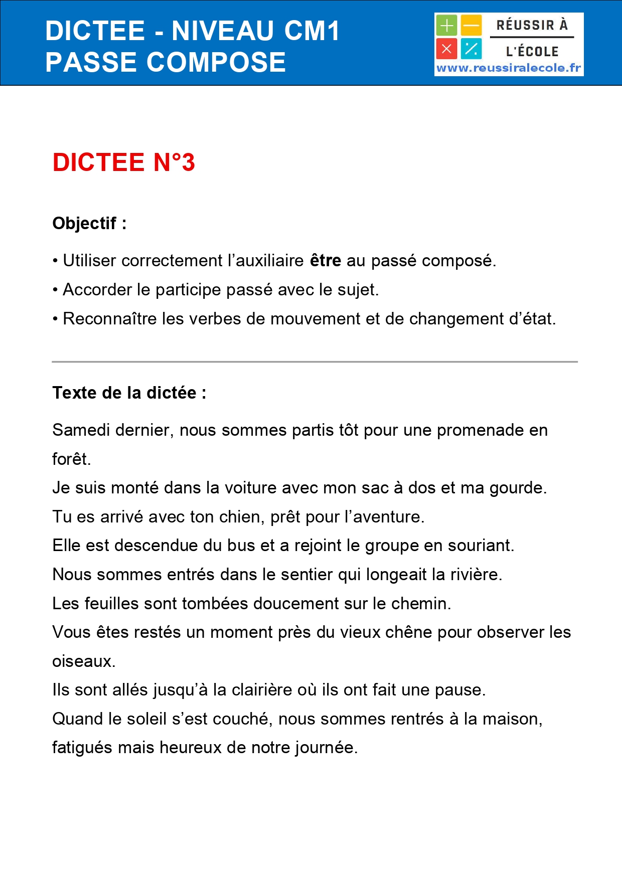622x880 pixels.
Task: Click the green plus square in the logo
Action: tap(446, 25)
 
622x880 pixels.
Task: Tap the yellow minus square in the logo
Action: tap(472, 25)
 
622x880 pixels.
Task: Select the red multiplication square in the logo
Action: tap(446, 49)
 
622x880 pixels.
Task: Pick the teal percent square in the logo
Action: tap(472, 49)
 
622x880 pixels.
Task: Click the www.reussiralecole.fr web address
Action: tap(509, 68)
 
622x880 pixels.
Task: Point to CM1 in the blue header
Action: tap(312, 31)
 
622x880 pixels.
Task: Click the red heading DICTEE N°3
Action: tap(123, 162)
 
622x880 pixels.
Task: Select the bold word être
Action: tap(326, 261)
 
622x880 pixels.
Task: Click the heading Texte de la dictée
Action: tap(129, 393)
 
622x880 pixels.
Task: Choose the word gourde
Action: tap(517, 488)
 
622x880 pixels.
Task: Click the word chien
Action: tap(243, 517)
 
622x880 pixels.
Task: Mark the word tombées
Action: tap(215, 604)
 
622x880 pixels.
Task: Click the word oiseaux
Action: tap(83, 661)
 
